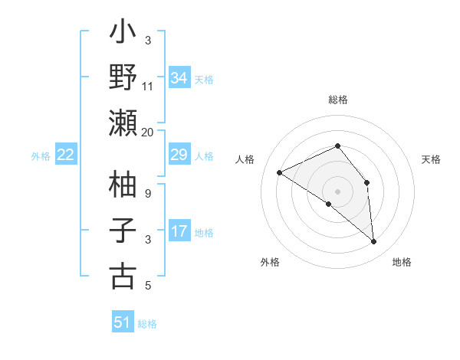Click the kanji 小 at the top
tap(123, 34)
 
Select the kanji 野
tap(123, 79)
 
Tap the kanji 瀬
tap(123, 123)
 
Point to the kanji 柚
tap(123, 186)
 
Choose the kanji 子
tap(123, 231)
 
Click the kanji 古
tap(123, 275)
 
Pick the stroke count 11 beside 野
tap(148, 87)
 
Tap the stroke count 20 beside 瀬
tap(148, 132)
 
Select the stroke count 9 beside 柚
tap(148, 195)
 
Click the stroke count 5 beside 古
tap(148, 286)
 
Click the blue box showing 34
tap(179, 78)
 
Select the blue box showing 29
tap(179, 155)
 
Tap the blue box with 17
tap(179, 231)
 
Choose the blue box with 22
tap(66, 155)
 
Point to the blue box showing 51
tap(123, 322)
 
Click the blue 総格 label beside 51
tap(147, 324)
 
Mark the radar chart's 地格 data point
tap(373, 242)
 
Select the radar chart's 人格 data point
tap(280, 172)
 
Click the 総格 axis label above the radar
tap(337, 100)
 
